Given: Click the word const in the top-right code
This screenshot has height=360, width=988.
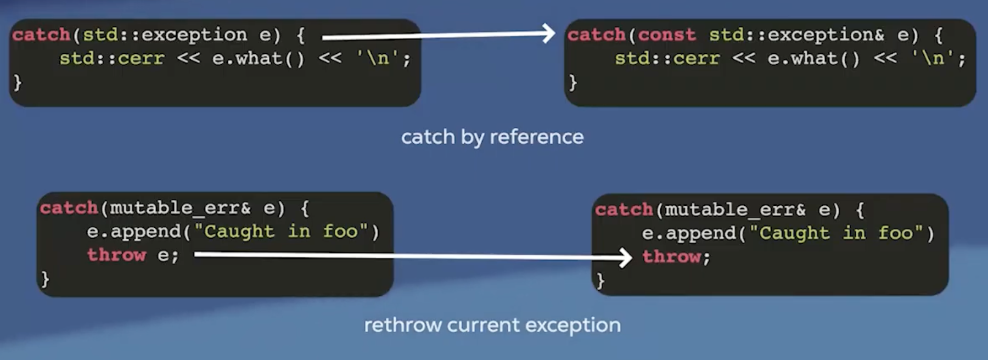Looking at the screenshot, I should click(x=667, y=35).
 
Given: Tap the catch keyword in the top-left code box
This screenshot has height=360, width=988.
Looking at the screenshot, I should click(x=41, y=35).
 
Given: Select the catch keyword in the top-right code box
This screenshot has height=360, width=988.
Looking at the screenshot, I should click(x=597, y=35).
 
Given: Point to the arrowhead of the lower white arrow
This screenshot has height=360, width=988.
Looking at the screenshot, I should click(x=626, y=257).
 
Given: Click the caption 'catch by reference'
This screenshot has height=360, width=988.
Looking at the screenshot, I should click(x=492, y=137).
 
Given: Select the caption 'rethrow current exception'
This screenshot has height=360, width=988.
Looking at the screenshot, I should click(x=492, y=325).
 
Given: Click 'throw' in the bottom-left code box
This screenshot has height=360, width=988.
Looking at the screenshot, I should click(x=117, y=255).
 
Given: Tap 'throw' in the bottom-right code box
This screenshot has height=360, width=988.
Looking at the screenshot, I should click(x=672, y=257).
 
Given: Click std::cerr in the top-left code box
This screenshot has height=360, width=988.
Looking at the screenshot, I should click(x=112, y=58).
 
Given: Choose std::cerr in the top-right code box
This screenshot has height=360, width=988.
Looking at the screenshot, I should click(x=667, y=58).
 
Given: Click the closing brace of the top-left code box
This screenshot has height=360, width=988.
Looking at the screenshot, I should click(x=18, y=82).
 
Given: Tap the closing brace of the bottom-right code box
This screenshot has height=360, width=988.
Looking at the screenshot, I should click(x=600, y=281).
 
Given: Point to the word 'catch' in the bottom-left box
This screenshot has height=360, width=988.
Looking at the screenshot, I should click(x=69, y=209).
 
